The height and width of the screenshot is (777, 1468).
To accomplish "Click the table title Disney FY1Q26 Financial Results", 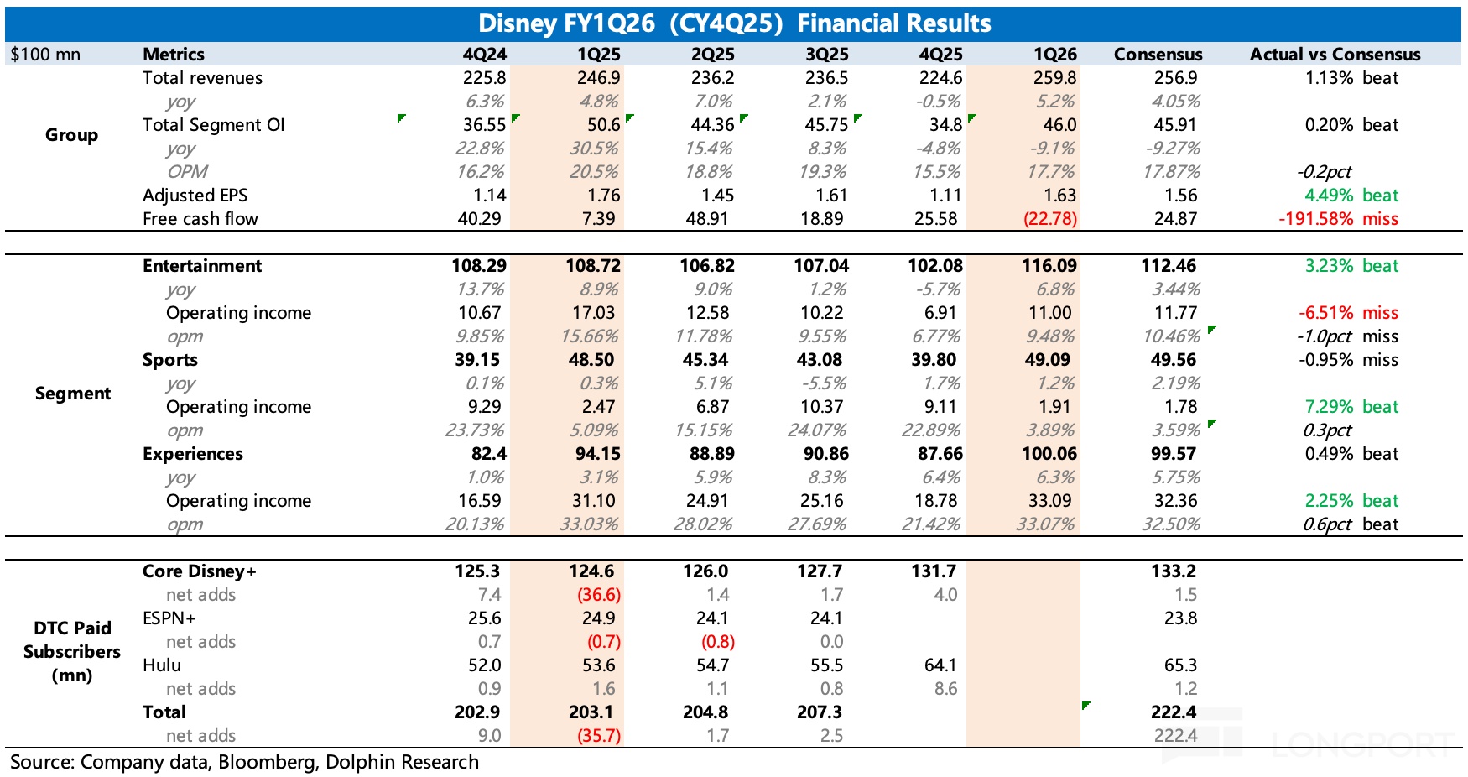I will tap(734, 23).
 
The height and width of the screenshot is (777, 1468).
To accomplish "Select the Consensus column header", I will tap(1158, 55).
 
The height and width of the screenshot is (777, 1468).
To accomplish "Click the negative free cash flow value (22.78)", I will tap(1049, 219).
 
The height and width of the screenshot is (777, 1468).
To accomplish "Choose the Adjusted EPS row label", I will tap(195, 196).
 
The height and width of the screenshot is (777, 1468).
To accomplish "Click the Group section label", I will tap(71, 135).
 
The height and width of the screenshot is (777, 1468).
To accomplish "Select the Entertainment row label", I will tap(202, 266).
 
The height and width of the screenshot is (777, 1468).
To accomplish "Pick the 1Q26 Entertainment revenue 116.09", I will tap(1049, 266).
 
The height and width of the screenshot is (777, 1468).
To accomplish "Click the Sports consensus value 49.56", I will tap(1174, 360).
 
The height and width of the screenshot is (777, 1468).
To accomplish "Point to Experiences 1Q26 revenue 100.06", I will tap(1049, 454).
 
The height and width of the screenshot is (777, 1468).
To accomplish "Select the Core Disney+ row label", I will tap(200, 571).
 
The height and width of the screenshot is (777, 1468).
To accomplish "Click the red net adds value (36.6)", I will tap(598, 595).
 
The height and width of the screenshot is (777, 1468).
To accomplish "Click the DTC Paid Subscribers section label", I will tap(72, 652).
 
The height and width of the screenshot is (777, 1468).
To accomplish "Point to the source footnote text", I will tap(244, 762).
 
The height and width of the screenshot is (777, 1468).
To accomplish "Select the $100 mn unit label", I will tap(45, 55).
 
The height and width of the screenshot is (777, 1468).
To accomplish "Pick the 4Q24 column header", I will tap(485, 55).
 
